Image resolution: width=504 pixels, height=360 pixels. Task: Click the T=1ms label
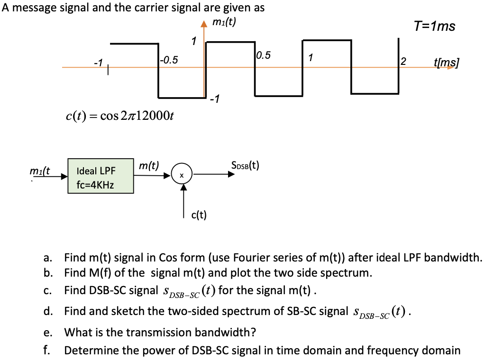point(434,27)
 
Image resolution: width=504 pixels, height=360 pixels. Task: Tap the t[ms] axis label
point(447,62)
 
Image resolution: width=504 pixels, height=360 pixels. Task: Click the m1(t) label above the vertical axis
point(224,23)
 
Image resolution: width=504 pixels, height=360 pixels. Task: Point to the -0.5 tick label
point(169,60)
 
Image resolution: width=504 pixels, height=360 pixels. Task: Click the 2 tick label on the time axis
point(403,61)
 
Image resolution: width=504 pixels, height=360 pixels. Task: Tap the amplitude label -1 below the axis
point(215,99)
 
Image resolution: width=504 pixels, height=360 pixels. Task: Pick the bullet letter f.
point(46,351)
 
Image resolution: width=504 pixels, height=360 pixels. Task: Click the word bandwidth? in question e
point(227,332)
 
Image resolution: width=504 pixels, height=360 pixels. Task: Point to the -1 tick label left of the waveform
point(98,62)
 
